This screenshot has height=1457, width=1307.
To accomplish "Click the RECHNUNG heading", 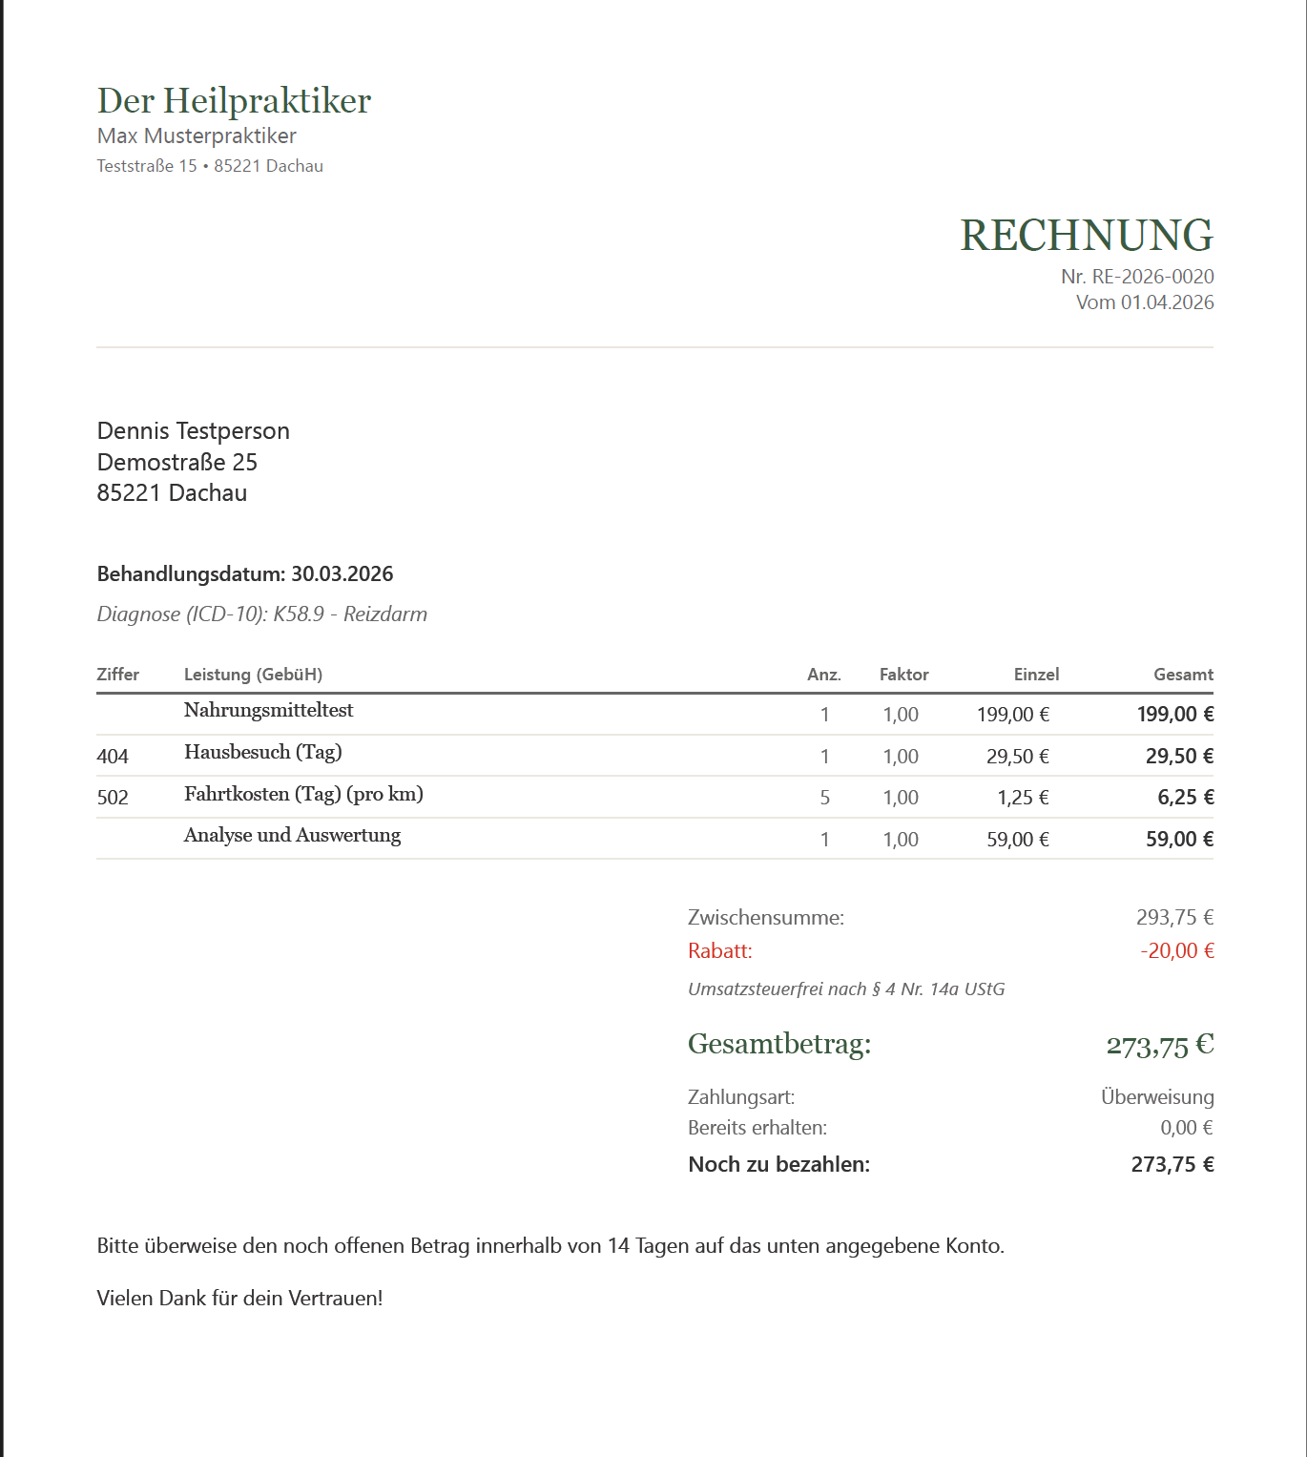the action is coord(1086,236).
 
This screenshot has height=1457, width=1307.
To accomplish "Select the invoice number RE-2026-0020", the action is coord(1152,277).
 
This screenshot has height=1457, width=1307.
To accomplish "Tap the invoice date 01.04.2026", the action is coord(1167,302).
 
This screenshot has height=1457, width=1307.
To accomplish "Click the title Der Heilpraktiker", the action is coord(234,101).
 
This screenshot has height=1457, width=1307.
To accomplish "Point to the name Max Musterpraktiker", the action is coord(197,135).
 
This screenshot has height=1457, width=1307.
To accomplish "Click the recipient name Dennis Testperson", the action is coord(193,431).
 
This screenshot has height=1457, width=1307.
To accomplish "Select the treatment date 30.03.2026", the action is coord(342,574).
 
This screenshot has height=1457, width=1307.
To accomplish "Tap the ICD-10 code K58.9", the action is coord(299,614).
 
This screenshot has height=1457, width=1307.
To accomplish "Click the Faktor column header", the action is coord(903,675).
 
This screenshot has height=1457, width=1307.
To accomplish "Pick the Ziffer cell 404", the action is coord(113,757).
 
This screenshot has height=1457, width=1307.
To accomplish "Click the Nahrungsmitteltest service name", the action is coord(268,710).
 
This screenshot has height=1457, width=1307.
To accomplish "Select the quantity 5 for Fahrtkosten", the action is coord(824,798).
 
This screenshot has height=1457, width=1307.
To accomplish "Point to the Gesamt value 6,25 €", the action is coord(1185,798).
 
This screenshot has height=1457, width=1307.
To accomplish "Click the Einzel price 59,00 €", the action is coord(1017,840).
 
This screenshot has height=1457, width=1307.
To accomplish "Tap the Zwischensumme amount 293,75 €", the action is coord(1174,918).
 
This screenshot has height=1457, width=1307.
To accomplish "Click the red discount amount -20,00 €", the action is coord(1176,951).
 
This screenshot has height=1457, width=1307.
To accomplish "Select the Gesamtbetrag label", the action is coord(779,1044).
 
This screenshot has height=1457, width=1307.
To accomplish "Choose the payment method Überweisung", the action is coord(1157,1097).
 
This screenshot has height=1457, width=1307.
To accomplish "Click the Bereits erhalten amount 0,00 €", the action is coord(1186,1128).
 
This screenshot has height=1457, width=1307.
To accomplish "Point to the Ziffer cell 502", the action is coord(113,798).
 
